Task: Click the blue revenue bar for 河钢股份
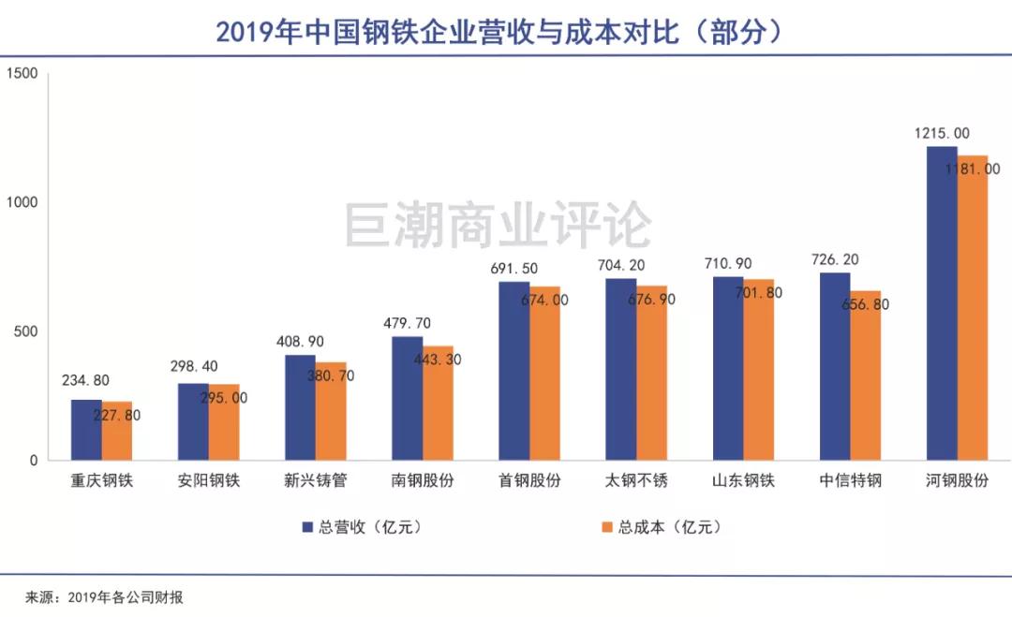(x=942, y=303)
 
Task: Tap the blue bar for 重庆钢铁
(x=86, y=430)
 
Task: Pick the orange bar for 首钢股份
(x=545, y=374)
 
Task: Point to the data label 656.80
(x=857, y=304)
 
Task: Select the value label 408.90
(x=300, y=342)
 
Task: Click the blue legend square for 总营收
(x=306, y=527)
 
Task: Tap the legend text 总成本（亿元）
(x=668, y=527)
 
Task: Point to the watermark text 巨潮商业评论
(x=498, y=226)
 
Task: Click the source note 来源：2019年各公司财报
(x=104, y=597)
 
